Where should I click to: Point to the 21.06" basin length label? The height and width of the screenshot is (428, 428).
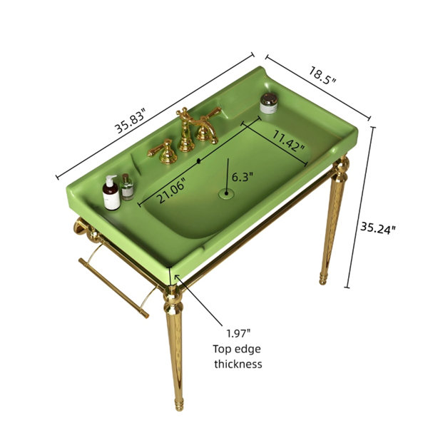click(x=172, y=190)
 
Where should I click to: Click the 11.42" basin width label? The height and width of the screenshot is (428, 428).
click(x=289, y=141)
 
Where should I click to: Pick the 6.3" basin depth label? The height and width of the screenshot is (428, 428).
click(x=243, y=177)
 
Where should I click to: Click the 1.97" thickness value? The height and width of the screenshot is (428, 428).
click(x=238, y=333)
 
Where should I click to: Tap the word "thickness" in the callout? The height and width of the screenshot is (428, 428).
click(x=238, y=364)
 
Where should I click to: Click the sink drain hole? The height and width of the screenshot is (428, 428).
click(x=226, y=193)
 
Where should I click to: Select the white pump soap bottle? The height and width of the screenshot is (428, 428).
click(x=111, y=193)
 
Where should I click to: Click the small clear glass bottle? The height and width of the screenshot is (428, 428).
click(x=127, y=187)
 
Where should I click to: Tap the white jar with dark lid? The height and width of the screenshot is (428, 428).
click(x=269, y=103)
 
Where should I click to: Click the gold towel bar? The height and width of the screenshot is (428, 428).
click(x=114, y=288)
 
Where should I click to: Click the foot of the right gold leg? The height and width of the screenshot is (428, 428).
click(x=323, y=279)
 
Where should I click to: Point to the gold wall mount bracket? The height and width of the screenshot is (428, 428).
click(x=81, y=226)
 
